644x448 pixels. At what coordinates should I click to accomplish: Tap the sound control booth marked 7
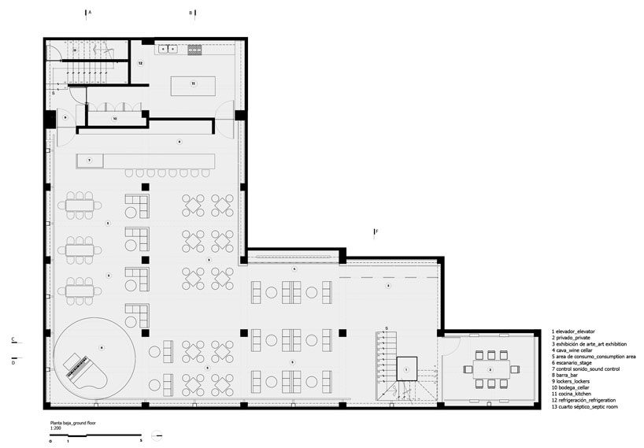[90, 160]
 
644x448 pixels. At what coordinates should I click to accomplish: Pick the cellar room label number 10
[115, 119]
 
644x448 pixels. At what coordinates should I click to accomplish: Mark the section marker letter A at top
[90, 13]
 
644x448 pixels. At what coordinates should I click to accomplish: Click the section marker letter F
[377, 231]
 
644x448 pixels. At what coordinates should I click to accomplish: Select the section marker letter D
[13, 362]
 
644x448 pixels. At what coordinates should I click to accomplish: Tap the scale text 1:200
[54, 428]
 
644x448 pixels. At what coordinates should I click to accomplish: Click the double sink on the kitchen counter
[168, 49]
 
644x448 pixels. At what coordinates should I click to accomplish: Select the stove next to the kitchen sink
[194, 49]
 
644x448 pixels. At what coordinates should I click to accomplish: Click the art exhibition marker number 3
[387, 287]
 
